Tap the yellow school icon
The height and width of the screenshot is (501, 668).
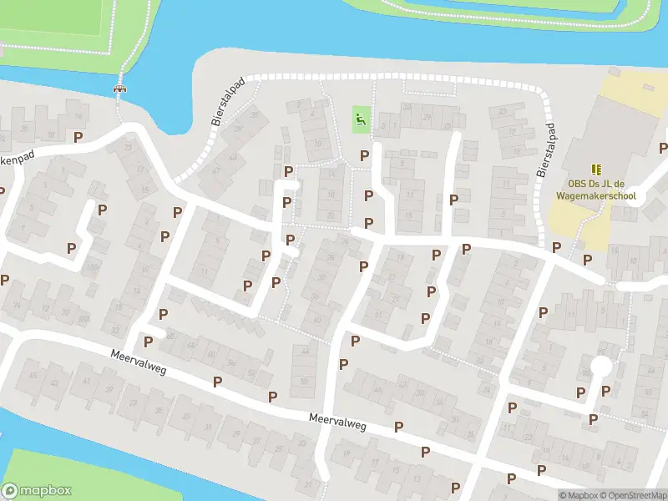(596, 169)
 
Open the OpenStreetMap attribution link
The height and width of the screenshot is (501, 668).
(631, 495)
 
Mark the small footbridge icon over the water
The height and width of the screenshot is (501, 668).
(120, 88)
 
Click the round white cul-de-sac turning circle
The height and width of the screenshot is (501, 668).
(600, 367)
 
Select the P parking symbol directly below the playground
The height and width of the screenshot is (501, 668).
(364, 155)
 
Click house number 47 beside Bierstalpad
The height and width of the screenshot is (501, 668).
(216, 170)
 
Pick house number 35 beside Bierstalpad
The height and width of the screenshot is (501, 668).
(238, 127)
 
